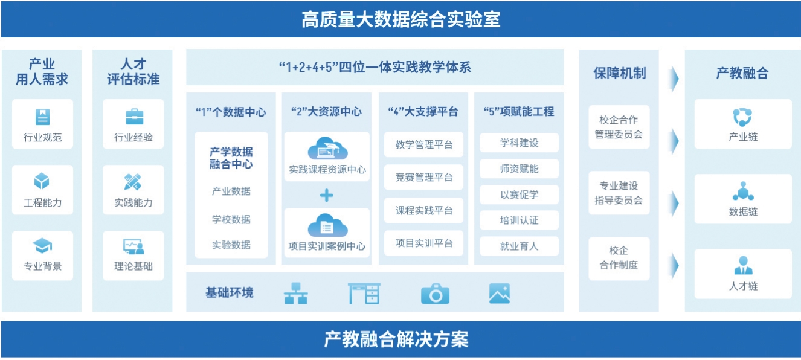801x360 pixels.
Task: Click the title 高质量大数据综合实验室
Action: (400, 20)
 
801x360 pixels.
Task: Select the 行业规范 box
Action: (42, 124)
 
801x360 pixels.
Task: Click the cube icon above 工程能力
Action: (42, 181)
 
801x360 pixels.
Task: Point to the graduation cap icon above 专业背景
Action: (42, 245)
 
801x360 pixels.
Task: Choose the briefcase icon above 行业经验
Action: (133, 116)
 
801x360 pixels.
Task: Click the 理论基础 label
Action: (133, 266)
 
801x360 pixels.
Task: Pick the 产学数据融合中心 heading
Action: (231, 158)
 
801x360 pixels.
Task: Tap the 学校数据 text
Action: (231, 219)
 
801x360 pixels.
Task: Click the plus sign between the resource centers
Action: (327, 195)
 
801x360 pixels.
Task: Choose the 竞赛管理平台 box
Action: (424, 177)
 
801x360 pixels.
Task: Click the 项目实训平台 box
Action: (424, 243)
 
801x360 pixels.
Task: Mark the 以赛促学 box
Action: (519, 194)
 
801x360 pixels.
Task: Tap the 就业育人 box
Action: (519, 246)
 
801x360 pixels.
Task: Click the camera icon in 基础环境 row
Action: (435, 294)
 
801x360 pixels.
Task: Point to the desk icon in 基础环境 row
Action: (364, 294)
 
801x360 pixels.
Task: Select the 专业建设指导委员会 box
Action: (619, 193)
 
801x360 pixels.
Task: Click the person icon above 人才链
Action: (742, 265)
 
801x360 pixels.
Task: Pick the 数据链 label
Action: (742, 211)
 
